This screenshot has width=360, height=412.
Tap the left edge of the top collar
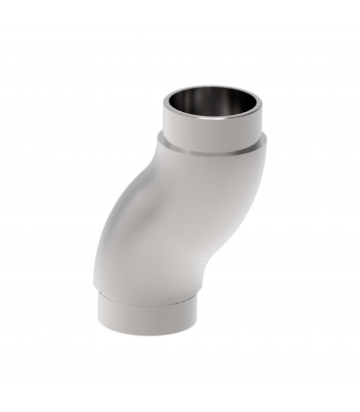click(163, 122)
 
